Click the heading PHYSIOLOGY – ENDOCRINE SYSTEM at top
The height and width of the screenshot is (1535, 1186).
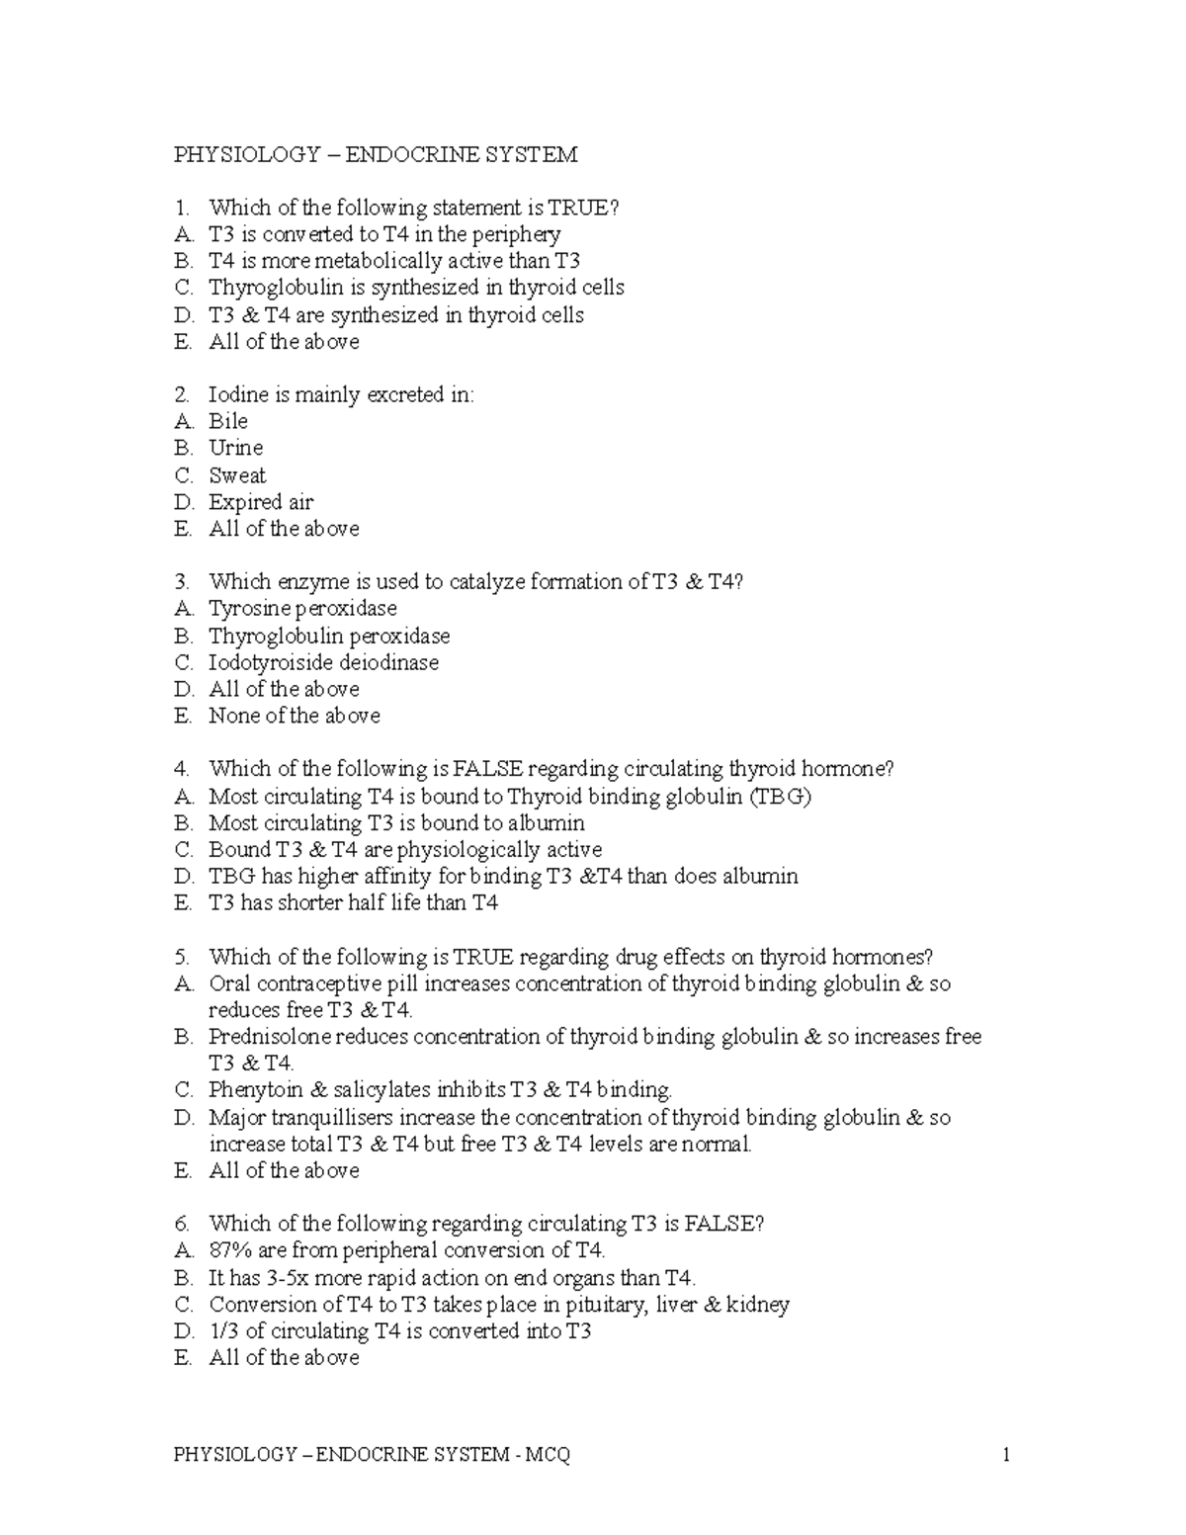376,154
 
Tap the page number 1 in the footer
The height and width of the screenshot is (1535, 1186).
1006,1454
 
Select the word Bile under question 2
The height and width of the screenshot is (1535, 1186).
228,421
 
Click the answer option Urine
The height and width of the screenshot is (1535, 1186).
235,448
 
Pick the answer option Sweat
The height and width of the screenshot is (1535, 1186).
237,475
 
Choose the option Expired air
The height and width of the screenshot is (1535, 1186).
261,502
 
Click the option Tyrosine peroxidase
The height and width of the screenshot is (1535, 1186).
302,609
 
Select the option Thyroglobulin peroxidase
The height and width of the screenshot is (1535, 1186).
329,636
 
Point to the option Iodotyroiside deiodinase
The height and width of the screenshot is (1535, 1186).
323,662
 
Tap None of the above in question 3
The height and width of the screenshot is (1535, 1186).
294,716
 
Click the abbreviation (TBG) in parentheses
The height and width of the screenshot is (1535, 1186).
781,797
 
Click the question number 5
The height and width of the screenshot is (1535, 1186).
181,957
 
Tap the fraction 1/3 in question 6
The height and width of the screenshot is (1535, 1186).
223,1331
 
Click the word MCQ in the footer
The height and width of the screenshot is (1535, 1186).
549,1454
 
